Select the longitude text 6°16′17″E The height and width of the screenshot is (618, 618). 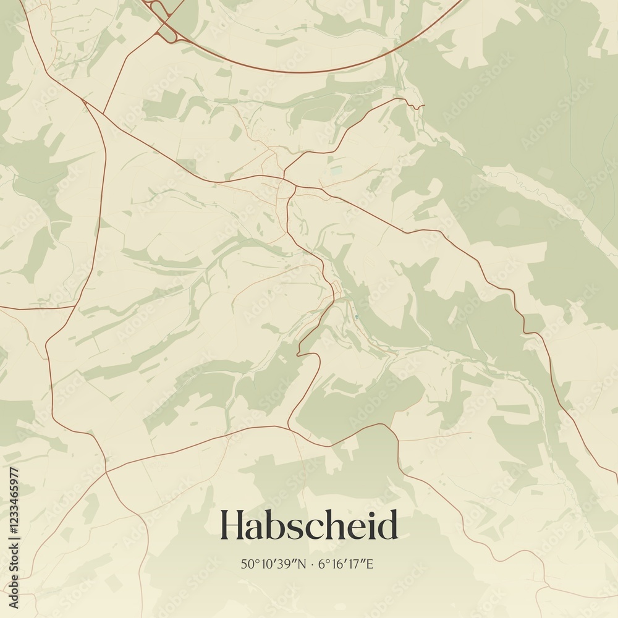point(346,564)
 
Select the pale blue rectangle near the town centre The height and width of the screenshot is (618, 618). point(336,169)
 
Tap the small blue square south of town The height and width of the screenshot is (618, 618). point(357,318)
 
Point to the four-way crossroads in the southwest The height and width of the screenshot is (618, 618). point(106,472)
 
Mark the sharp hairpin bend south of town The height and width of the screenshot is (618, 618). point(298,355)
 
